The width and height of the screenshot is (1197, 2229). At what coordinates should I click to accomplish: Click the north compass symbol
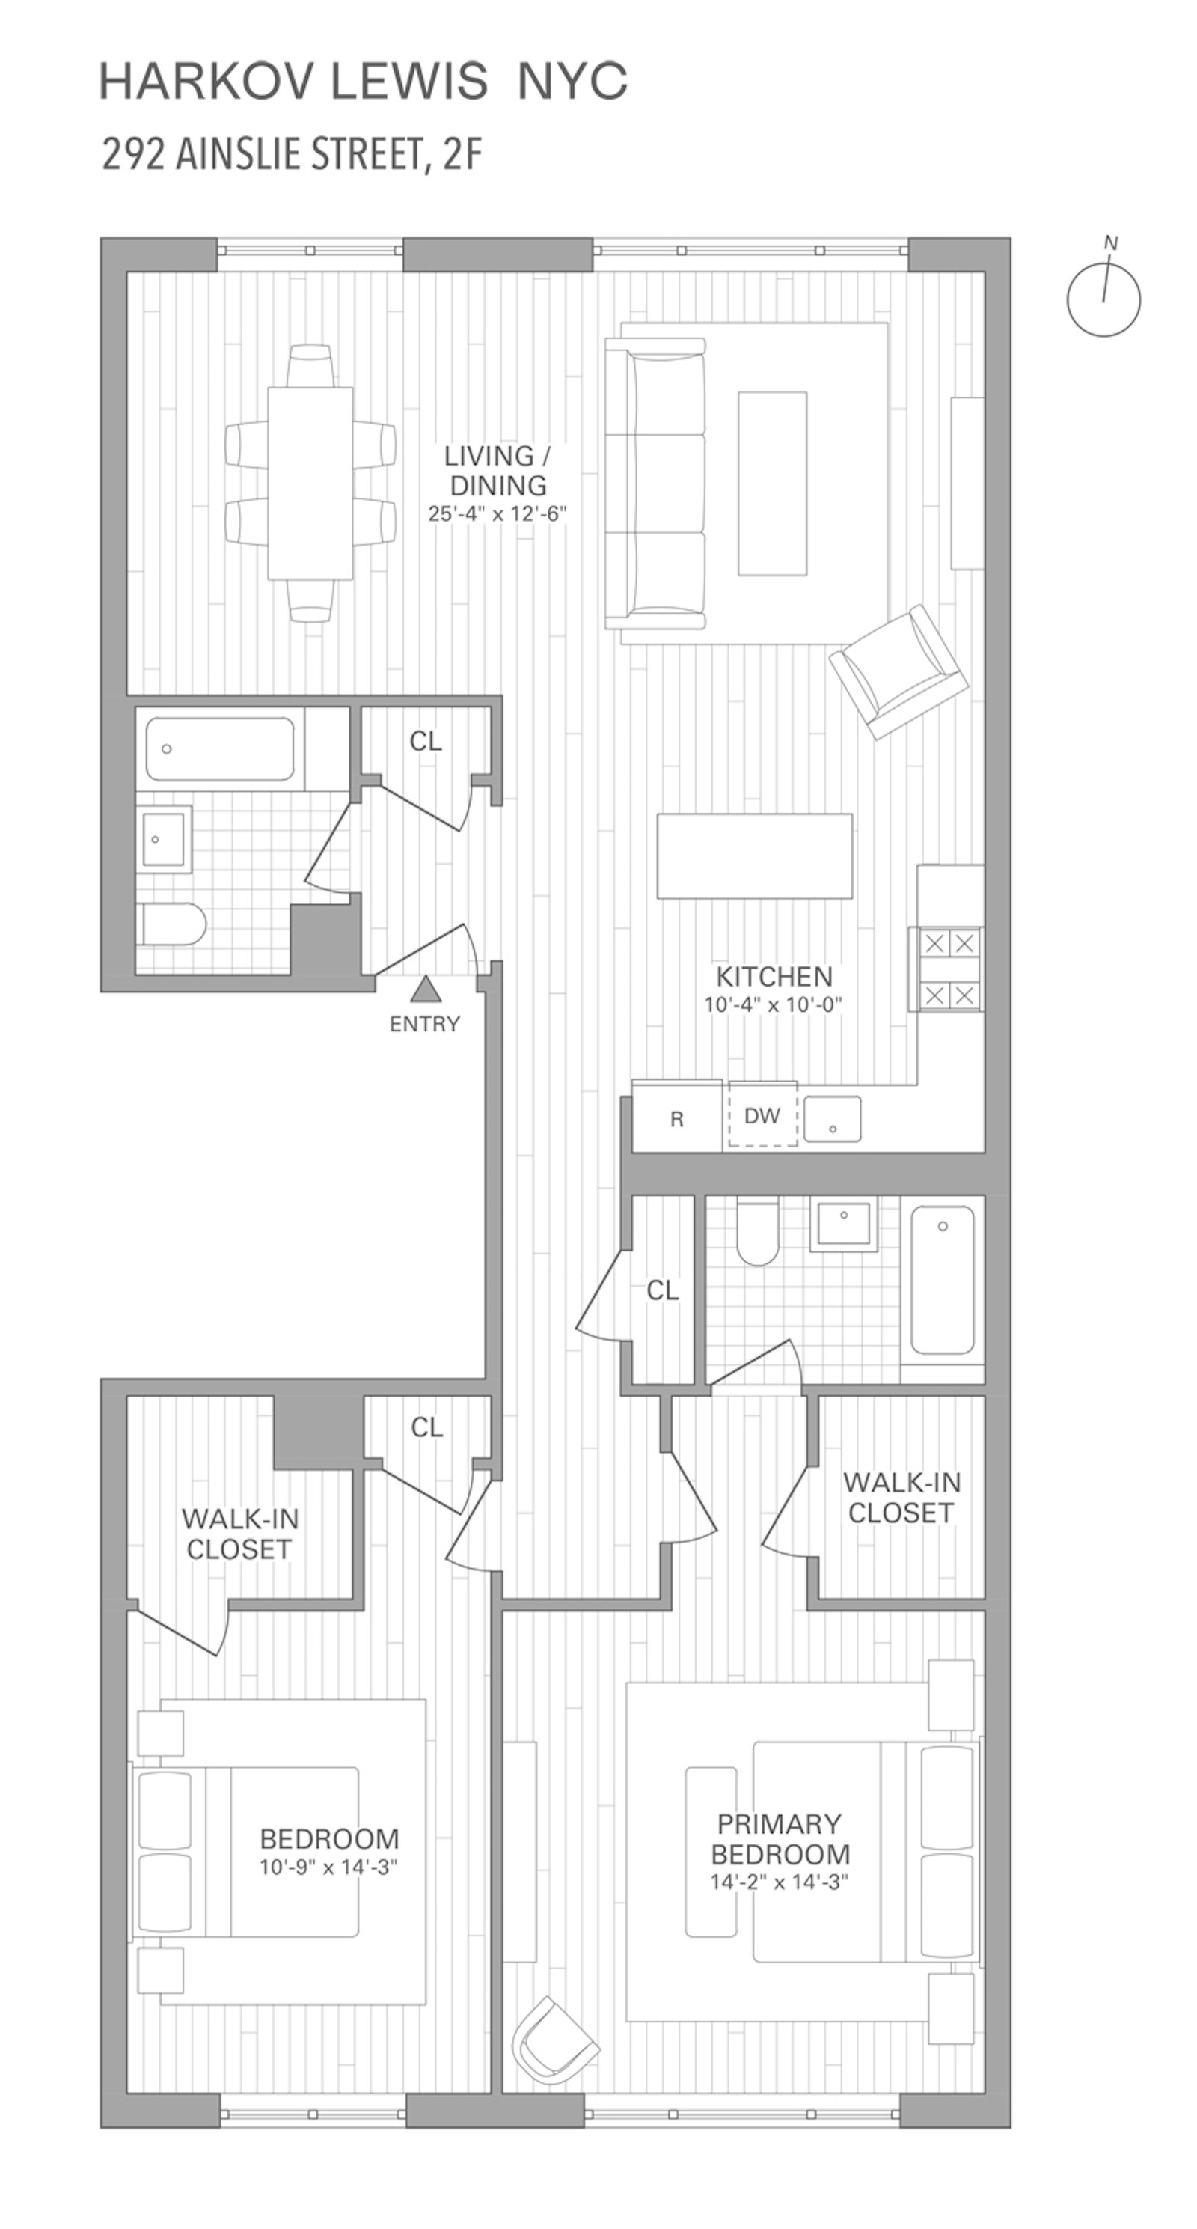1103,298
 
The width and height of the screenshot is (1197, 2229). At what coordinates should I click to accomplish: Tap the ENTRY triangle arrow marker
425,989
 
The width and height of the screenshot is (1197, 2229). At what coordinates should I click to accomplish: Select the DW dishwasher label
762,1115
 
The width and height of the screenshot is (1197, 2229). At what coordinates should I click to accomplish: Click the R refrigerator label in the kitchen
676,1119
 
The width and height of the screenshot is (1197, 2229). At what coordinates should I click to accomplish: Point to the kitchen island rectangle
754,856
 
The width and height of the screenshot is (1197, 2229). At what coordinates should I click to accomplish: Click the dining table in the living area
310,483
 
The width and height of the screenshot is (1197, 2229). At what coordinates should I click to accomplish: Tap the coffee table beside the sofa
772,483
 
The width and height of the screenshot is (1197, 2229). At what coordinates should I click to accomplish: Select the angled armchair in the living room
898,671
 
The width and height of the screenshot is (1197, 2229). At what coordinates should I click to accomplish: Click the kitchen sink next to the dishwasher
832,1120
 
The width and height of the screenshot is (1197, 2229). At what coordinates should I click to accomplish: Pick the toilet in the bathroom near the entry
173,925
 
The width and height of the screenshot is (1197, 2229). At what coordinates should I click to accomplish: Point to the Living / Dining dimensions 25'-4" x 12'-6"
498,513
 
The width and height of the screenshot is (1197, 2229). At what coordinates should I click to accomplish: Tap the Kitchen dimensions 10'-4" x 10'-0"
774,1004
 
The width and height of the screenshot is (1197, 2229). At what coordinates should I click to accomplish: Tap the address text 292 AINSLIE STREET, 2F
292,155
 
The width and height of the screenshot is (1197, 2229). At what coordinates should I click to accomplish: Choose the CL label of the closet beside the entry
425,741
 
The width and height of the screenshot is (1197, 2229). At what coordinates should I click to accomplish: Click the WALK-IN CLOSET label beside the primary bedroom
901,1497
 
